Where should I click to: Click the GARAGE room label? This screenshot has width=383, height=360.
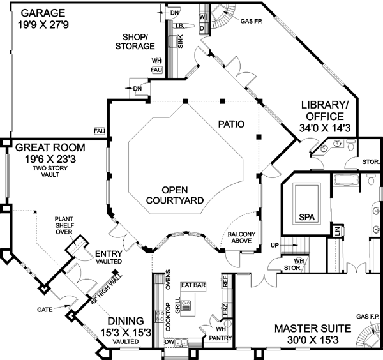[x=43, y=12]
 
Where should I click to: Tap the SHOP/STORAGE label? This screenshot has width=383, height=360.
[x=135, y=41]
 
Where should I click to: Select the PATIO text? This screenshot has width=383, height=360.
[x=231, y=124]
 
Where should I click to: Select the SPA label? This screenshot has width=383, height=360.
[x=307, y=217]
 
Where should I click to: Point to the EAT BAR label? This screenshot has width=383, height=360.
[x=192, y=285]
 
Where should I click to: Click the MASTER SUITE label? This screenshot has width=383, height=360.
[x=313, y=328]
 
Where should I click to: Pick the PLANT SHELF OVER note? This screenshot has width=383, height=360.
[x=67, y=223]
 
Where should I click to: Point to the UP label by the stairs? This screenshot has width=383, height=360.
[x=275, y=244]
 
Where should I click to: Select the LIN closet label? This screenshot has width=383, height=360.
[x=336, y=230]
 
